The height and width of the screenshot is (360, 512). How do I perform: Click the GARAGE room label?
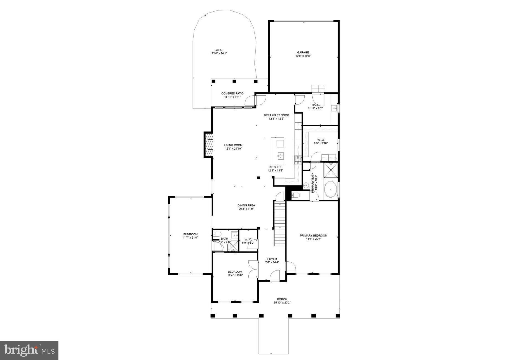tap(303, 52)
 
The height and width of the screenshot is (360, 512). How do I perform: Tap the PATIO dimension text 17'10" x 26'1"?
tap(218, 53)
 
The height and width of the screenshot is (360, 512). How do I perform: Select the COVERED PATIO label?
tap(232, 93)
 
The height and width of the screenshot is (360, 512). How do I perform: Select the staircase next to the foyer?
tap(280, 224)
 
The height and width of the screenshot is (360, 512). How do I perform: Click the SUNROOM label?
tap(190, 234)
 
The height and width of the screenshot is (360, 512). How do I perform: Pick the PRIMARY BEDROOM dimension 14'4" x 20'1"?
tap(313, 239)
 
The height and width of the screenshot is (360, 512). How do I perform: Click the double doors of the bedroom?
tap(253, 269)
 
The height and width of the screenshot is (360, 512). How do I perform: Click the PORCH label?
tap(282, 299)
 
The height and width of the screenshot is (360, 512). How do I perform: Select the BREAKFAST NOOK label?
tap(276, 115)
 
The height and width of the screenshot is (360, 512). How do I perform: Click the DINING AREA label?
tap(246, 205)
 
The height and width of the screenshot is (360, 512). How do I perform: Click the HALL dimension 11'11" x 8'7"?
tap(315, 108)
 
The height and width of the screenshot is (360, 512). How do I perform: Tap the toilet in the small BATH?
tap(216, 234)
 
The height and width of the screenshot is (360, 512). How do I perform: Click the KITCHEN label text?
tap(275, 167)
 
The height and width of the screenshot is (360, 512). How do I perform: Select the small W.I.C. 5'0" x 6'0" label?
tap(248, 241)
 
